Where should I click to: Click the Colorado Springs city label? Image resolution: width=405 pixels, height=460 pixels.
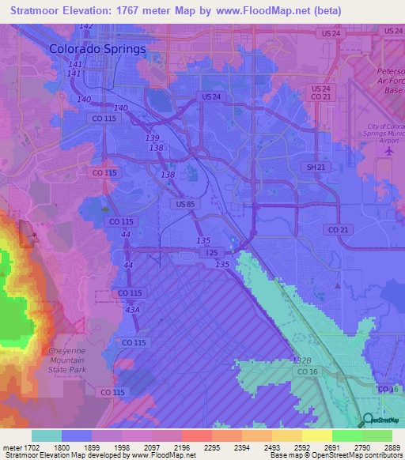tap(97, 48)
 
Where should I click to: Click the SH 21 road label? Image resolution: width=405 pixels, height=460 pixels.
tap(316, 168)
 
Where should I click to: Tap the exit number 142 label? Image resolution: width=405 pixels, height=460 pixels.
tap(85, 26)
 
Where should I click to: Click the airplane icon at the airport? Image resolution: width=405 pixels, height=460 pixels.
tap(388, 151)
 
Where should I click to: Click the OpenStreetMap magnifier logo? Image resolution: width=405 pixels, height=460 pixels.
tap(369, 420)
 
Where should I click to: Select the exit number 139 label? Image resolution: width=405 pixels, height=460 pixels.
tap(153, 138)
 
